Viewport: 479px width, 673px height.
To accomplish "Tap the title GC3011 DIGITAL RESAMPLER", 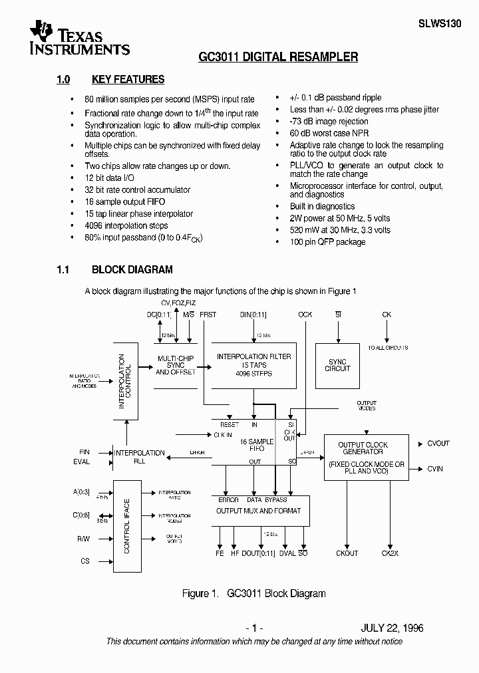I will click(x=278, y=57).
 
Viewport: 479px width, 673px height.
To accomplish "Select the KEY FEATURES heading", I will click(x=128, y=80).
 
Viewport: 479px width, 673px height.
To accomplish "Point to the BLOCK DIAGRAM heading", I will click(x=132, y=270).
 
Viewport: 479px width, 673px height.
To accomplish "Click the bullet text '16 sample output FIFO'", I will click(x=124, y=202).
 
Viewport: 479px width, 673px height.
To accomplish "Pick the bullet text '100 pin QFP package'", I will click(x=327, y=242).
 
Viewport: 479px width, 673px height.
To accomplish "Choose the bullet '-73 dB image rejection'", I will click(x=329, y=121).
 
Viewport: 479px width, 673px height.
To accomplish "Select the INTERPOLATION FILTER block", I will click(x=253, y=365).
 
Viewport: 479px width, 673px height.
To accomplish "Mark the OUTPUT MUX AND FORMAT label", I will click(x=258, y=511).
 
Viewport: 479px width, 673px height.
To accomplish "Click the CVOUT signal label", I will click(x=438, y=444).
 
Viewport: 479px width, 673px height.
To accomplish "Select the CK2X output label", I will click(x=390, y=553).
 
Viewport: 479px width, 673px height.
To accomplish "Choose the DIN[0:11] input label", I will click(x=254, y=314).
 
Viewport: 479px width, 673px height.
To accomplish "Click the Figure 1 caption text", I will click(x=253, y=594).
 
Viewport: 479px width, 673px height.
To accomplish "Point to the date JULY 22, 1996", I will click(x=392, y=628).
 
